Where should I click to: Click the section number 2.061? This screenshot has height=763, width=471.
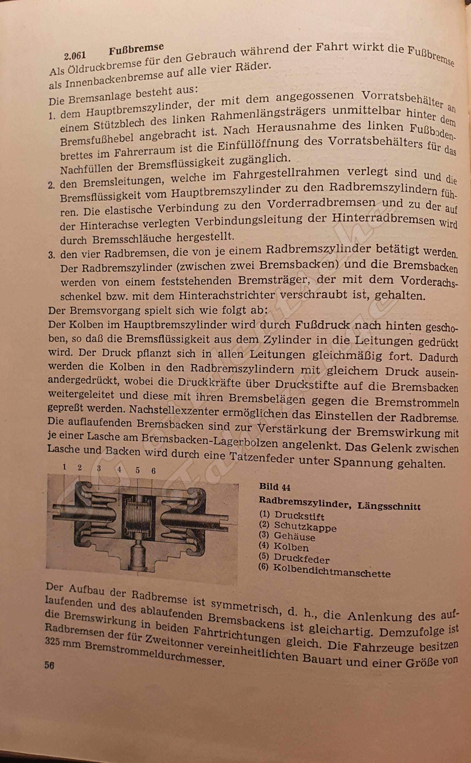[75, 56]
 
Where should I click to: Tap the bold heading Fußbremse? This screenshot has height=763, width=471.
[136, 49]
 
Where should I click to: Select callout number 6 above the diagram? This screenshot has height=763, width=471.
[153, 471]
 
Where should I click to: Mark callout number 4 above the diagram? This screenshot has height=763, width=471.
[119, 469]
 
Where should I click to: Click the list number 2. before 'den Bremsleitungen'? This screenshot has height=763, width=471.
[52, 185]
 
